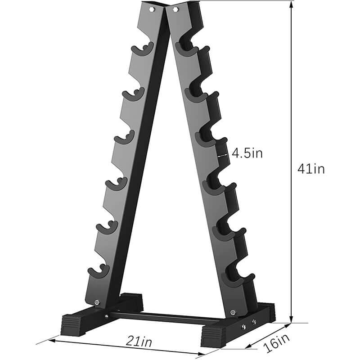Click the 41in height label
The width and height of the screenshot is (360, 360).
(x=310, y=169)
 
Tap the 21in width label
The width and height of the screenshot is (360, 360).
(x=139, y=342)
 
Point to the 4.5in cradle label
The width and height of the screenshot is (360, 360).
(x=247, y=153)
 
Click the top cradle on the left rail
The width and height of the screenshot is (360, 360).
(x=142, y=49)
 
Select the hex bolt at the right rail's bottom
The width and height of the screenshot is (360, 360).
(x=232, y=312)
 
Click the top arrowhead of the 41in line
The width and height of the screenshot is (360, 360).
(x=291, y=4)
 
